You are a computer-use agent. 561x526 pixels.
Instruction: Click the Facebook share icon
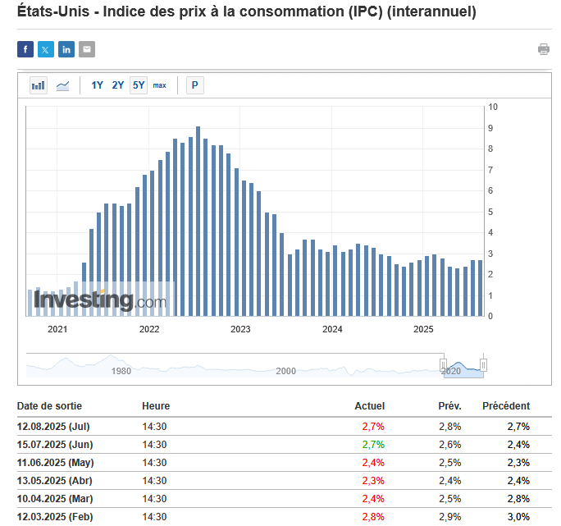[x=25, y=49]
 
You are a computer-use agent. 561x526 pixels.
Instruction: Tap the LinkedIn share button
[x=66, y=49]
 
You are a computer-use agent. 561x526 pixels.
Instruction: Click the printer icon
[x=543, y=49]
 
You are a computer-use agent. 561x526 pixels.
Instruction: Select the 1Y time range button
[x=98, y=85]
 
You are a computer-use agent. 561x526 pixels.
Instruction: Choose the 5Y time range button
[x=139, y=85]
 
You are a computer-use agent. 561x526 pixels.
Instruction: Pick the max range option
[x=159, y=85]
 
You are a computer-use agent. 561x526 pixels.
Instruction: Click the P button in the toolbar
[x=195, y=85]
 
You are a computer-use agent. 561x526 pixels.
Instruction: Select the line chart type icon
[x=62, y=85]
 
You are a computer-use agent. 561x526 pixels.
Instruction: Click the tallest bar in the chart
[x=198, y=222]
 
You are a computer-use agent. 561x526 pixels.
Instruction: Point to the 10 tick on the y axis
[x=494, y=107]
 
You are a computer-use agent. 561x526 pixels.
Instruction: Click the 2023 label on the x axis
[x=240, y=330]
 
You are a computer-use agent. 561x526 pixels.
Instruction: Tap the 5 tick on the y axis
[x=491, y=212]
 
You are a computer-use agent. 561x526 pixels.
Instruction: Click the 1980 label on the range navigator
[x=121, y=371]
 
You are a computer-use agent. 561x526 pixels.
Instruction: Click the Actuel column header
[x=369, y=406]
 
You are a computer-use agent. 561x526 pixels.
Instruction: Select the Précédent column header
[x=506, y=406]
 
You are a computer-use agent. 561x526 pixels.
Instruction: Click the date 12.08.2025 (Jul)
[x=53, y=427]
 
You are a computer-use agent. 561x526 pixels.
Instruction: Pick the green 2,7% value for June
[x=373, y=445]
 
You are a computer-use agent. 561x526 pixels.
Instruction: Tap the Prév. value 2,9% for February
[x=449, y=517]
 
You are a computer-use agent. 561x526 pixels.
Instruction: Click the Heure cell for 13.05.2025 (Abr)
[x=154, y=481]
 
